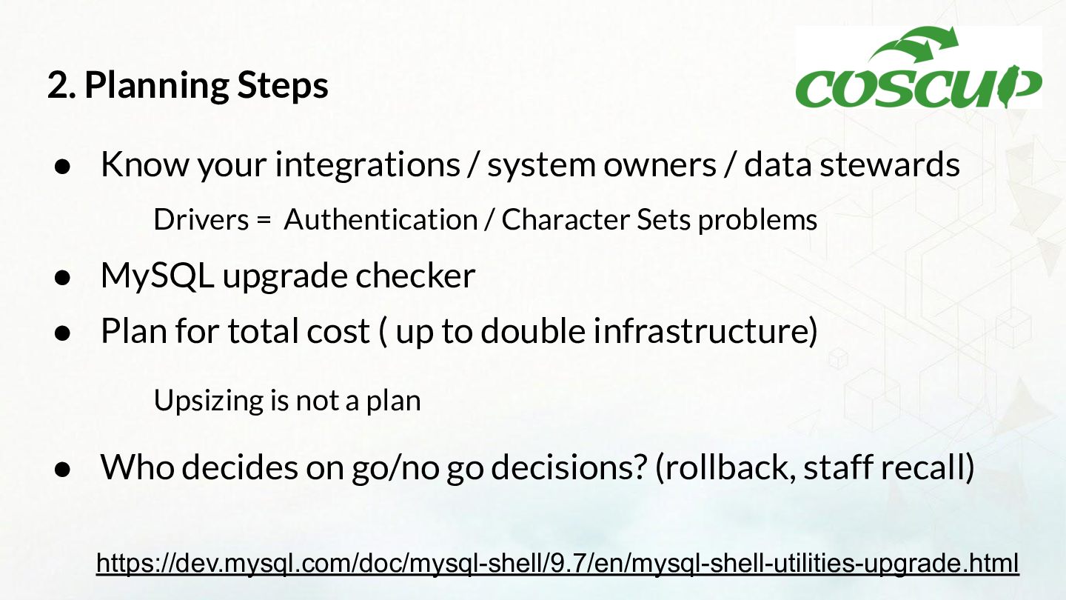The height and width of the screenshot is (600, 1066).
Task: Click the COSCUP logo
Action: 919,67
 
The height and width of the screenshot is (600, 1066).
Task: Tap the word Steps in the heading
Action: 283,86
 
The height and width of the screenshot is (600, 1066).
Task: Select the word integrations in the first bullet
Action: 368,164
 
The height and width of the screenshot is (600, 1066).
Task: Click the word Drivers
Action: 201,219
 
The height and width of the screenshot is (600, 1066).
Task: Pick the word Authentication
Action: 381,219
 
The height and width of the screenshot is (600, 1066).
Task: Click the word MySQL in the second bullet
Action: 158,276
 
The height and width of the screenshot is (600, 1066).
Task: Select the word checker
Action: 415,276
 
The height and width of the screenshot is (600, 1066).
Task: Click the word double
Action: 533,330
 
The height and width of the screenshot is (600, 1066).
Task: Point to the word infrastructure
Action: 701,330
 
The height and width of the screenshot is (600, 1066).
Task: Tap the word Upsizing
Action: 209,401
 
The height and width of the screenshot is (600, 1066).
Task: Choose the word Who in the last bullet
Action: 138,467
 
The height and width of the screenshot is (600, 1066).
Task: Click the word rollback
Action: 725,467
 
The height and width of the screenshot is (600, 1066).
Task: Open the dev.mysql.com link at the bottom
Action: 557,563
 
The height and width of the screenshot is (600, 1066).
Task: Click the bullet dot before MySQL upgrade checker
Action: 63,277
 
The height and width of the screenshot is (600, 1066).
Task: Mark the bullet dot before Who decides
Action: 63,469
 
